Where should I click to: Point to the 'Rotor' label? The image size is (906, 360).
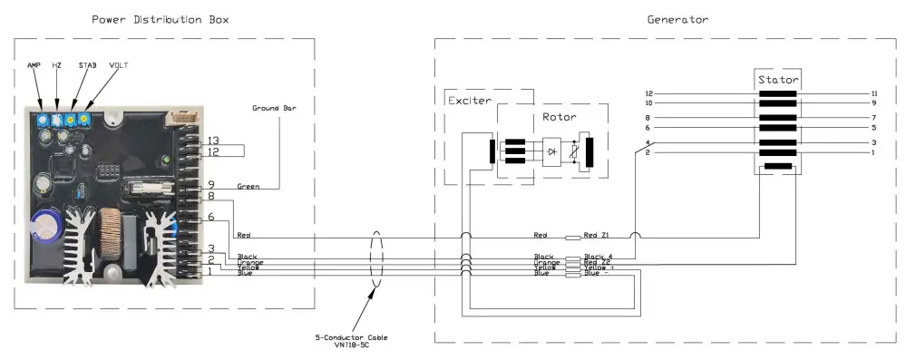pos(559,117)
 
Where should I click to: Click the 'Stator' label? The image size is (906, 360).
pos(778,80)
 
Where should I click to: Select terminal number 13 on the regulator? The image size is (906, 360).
pos(213,141)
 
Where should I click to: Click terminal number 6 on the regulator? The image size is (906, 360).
pos(209,217)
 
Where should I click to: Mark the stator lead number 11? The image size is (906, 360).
pos(874,93)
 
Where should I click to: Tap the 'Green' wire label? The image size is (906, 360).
pos(248,187)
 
